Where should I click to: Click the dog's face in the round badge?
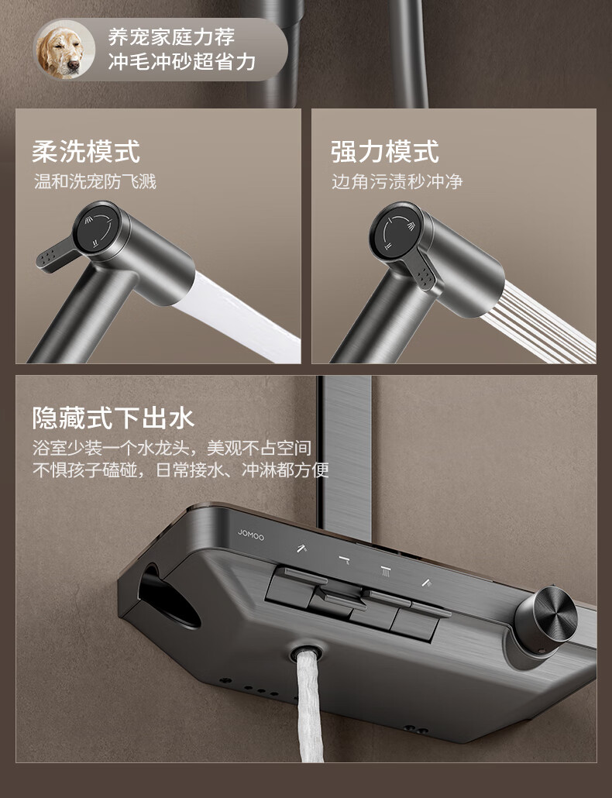point(64,50)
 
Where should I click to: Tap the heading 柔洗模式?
point(86,151)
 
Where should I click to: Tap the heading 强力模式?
point(384,151)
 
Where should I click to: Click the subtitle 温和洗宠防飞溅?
point(95,181)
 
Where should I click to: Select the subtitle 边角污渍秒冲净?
point(397,181)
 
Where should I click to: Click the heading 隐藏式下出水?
point(113,418)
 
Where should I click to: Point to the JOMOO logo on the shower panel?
point(251,535)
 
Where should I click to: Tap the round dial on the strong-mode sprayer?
point(396,230)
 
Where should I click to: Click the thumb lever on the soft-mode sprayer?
point(56,254)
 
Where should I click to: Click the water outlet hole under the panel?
point(306,651)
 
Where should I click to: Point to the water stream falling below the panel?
point(311,707)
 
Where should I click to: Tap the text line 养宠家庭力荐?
point(172,37)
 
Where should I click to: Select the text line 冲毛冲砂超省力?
point(181,62)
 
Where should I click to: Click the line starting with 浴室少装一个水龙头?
point(172,448)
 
